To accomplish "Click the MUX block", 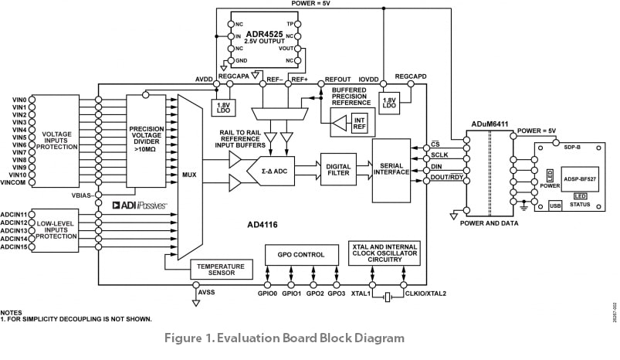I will (x=188, y=176).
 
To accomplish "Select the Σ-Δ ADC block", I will (x=275, y=171).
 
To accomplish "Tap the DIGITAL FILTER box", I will (x=339, y=169).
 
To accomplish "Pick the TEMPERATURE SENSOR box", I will (x=221, y=270).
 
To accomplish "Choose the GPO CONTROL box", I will (x=302, y=255).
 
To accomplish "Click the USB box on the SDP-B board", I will (x=554, y=205).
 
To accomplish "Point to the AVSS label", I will (x=206, y=294).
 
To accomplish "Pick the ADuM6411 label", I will (x=491, y=124).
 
